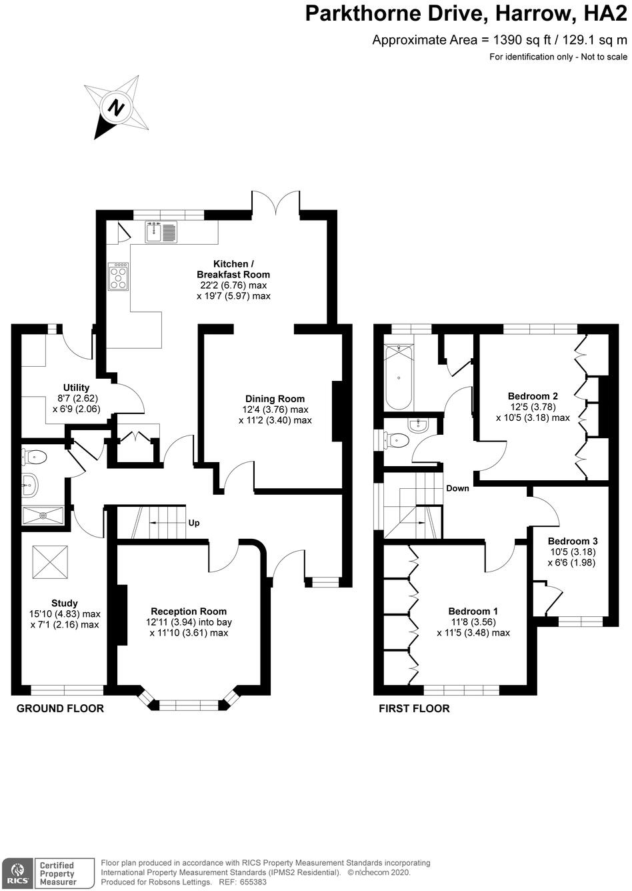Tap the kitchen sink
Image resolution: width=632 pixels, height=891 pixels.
click(x=161, y=231)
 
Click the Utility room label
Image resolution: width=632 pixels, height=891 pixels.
click(x=76, y=387)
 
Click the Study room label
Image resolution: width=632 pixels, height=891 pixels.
click(x=65, y=603)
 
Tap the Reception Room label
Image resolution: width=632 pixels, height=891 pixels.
click(x=189, y=611)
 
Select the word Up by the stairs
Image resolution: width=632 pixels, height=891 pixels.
click(x=194, y=523)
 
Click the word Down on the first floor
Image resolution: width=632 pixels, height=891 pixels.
click(x=457, y=488)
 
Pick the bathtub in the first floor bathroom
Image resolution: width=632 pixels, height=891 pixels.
click(x=399, y=377)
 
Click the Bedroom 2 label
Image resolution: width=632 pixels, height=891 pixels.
click(x=533, y=395)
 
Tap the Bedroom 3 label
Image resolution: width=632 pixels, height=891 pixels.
click(x=573, y=541)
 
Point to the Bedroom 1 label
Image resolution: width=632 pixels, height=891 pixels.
click(x=473, y=611)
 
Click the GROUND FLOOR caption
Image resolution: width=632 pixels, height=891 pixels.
click(x=60, y=708)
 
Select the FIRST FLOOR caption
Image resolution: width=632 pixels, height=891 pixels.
click(x=414, y=708)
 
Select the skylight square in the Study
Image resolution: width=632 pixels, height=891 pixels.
click(x=51, y=562)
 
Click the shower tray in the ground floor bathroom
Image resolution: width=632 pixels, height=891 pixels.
click(x=43, y=516)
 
